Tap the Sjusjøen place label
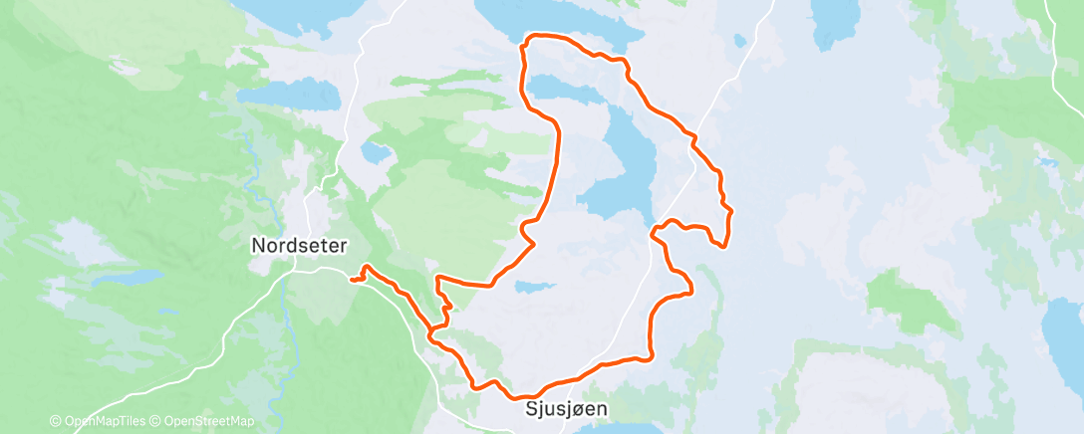pos(566,408)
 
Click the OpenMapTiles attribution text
pos(102,421)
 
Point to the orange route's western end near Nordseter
pos(353,280)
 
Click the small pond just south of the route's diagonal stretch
pos(535,287)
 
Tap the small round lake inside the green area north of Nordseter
pos(376,152)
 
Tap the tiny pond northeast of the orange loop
pos(738,41)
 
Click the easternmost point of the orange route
pos(731,210)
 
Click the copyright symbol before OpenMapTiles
pos(55,421)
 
